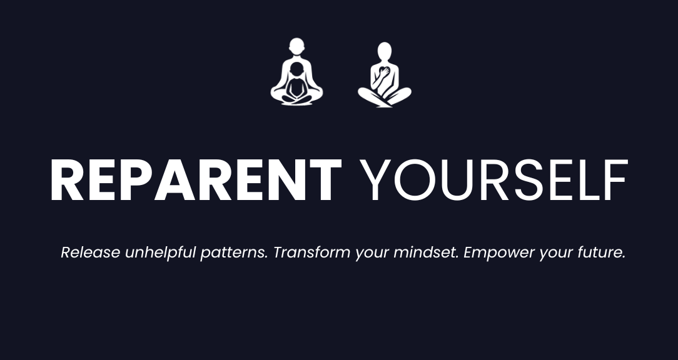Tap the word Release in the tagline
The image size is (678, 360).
pyautogui.click(x=90, y=253)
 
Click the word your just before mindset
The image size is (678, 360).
pyautogui.click(x=372, y=254)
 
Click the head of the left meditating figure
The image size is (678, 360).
pyautogui.click(x=296, y=47)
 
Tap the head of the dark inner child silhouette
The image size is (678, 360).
pyautogui.click(x=296, y=69)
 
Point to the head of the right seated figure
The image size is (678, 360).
pyautogui.click(x=385, y=51)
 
